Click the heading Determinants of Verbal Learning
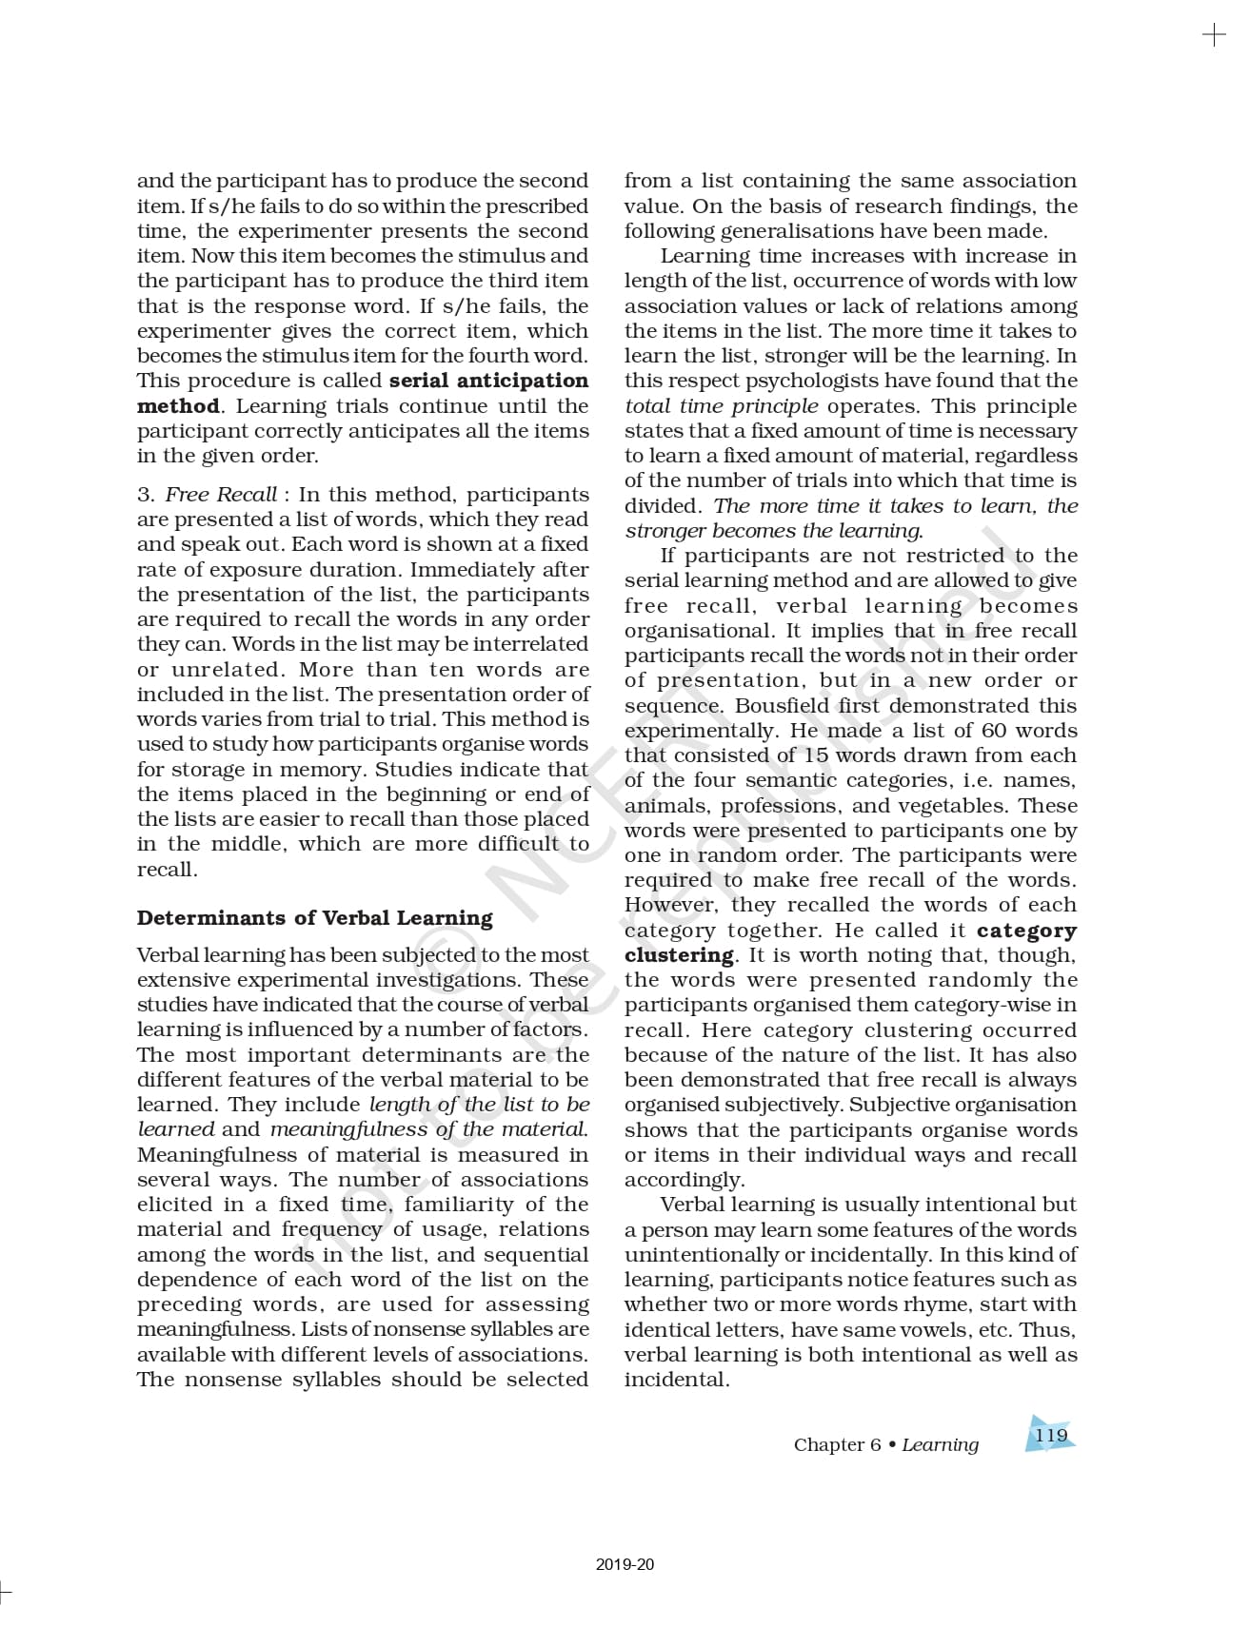pos(314,918)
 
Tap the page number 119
pos(1051,1436)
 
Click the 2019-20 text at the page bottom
pos(625,1564)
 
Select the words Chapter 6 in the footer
pos(837,1444)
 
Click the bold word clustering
pos(679,955)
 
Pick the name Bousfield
pos(784,706)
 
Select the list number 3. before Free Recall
pos(146,495)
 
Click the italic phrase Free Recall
pos(221,495)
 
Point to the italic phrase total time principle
pos(721,406)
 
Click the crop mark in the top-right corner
pos(1214,36)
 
